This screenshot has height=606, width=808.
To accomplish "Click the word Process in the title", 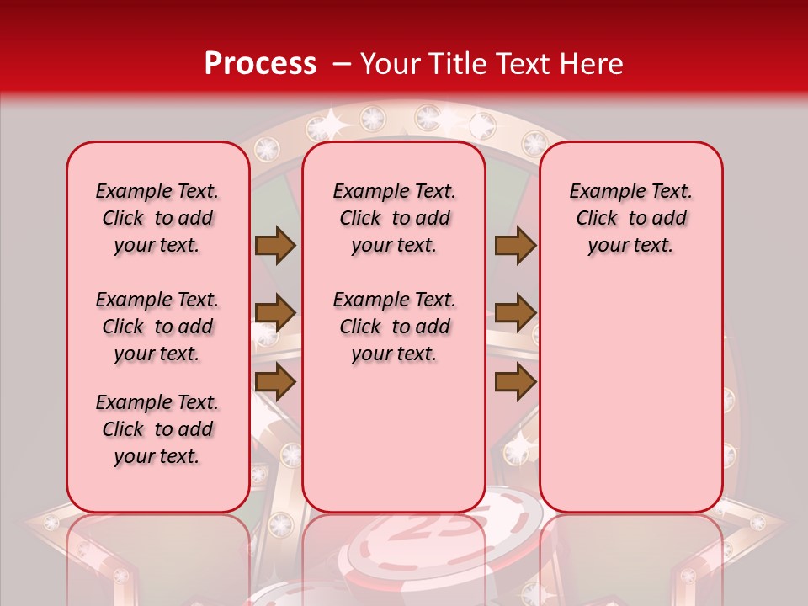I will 260,64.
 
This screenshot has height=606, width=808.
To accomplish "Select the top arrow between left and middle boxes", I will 275,245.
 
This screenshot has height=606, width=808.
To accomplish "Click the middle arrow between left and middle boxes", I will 275,314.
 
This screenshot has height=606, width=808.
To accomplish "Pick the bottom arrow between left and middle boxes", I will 275,382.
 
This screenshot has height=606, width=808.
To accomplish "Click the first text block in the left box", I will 157,218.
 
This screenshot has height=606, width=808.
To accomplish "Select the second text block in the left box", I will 157,327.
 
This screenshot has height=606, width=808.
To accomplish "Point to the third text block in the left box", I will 157,429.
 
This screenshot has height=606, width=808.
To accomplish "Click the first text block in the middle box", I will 395,218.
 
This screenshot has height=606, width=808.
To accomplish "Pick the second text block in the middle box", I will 395,327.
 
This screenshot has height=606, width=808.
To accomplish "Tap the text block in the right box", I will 631,218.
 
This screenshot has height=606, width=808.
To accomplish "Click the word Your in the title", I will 389,64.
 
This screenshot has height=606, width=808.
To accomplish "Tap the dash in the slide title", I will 341,65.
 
